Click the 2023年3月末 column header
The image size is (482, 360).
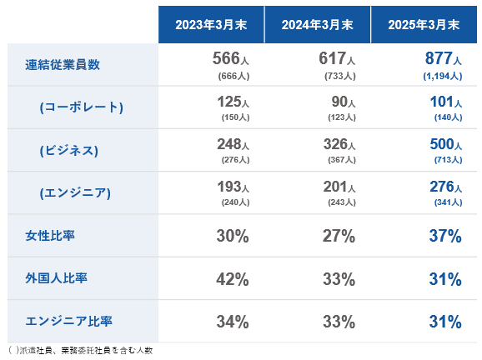point(211,25)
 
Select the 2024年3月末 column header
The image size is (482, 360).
point(317,25)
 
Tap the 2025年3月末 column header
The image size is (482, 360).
point(424,25)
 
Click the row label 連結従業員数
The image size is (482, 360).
point(63,64)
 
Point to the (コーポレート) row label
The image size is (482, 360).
point(82,107)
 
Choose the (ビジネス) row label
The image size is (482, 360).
point(69,150)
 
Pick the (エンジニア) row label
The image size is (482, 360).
point(75,192)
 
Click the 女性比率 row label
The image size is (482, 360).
point(50,236)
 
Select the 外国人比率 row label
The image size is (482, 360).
point(56,278)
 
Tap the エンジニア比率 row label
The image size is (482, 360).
point(69,321)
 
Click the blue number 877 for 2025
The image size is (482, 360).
point(439,58)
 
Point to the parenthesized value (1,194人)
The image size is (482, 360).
point(443,76)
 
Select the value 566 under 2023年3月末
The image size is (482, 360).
point(226,58)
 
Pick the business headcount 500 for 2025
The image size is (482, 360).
point(442,144)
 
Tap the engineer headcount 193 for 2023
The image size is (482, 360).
point(229,187)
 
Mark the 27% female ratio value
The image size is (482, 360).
point(339,236)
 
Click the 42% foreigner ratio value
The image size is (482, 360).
point(233,279)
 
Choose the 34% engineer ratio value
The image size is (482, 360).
point(233,322)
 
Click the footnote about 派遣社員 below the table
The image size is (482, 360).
point(81,350)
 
